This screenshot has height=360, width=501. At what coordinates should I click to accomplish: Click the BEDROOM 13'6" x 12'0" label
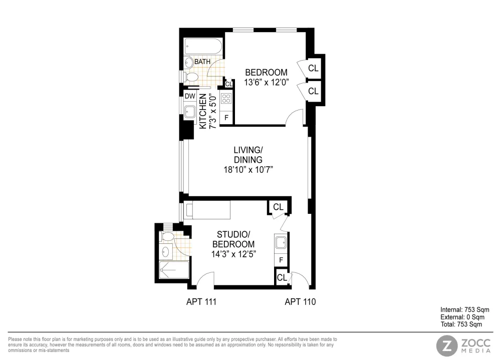[266, 77]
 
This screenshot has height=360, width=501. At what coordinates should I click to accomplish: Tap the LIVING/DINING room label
[248, 160]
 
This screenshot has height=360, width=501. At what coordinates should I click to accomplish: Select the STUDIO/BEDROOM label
[233, 244]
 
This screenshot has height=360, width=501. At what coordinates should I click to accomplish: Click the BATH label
[202, 61]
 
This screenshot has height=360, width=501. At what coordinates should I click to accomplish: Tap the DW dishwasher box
[190, 96]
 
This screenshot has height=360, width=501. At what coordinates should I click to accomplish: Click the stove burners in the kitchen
[226, 99]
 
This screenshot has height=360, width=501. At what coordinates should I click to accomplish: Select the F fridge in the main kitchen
[226, 117]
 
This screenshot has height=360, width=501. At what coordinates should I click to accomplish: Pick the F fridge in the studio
[281, 260]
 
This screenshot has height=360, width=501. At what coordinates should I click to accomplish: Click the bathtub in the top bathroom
[203, 47]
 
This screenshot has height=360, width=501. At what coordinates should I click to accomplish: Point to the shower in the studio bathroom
[174, 270]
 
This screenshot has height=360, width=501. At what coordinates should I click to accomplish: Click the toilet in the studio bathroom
[167, 236]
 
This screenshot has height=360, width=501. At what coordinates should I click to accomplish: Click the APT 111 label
[201, 301]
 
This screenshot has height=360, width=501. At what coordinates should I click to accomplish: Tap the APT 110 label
[300, 301]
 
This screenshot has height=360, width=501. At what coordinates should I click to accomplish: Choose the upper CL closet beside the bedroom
[313, 68]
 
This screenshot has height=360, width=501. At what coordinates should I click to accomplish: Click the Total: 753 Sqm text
[461, 324]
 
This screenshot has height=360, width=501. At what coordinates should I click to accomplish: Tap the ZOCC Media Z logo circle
[447, 345]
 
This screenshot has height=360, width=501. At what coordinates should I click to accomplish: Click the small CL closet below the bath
[229, 84]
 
